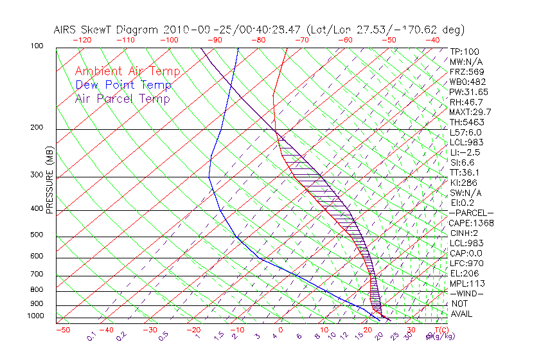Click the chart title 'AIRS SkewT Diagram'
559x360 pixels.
click(x=107, y=30)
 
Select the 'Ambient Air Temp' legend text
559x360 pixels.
click(x=128, y=71)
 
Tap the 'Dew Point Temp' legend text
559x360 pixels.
click(x=123, y=85)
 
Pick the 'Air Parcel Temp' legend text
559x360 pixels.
click(x=123, y=98)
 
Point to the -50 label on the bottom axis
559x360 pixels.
click(x=62, y=330)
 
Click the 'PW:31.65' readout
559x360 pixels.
click(x=470, y=92)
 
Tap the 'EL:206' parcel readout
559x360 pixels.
click(x=465, y=273)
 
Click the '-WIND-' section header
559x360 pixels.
click(x=467, y=293)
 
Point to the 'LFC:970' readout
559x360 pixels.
click(x=467, y=264)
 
